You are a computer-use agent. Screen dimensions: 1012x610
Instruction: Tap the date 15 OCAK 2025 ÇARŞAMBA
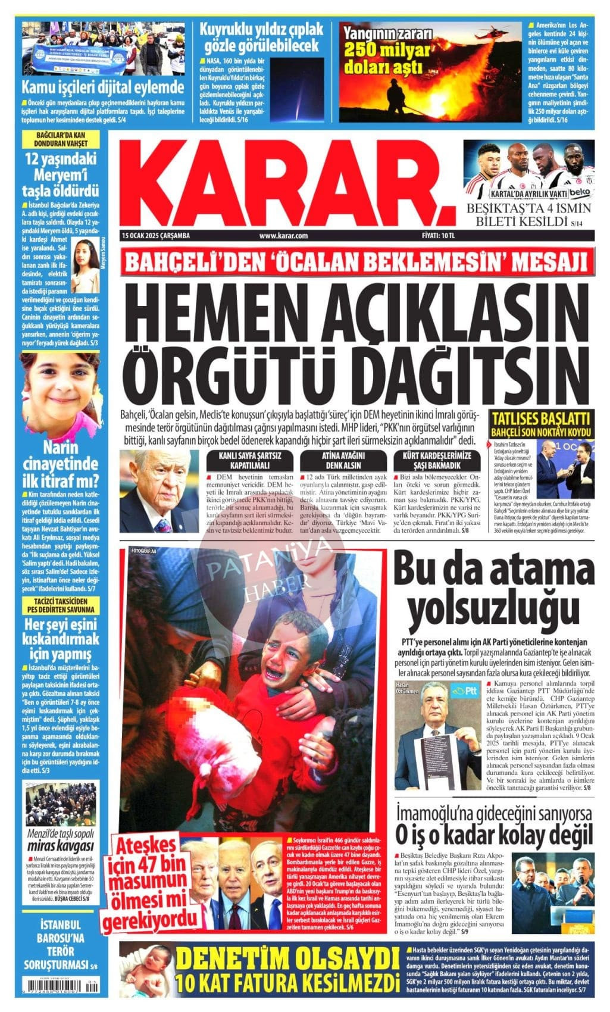point(155,236)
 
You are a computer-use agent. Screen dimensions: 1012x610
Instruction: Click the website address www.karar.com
point(283,236)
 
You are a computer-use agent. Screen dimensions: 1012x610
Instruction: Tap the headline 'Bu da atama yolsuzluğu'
point(493,585)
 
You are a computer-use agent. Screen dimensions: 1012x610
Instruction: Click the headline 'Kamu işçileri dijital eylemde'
point(103,88)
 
